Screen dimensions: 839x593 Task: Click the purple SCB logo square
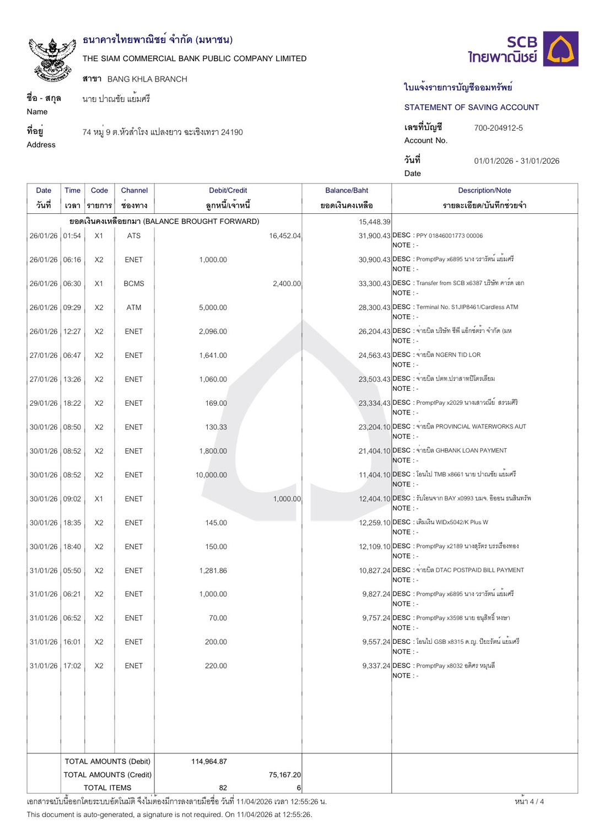[x=560, y=49]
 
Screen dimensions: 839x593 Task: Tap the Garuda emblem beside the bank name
[x=52, y=60]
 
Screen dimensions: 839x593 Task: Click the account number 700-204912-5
[x=498, y=128]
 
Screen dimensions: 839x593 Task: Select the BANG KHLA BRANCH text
[x=147, y=79]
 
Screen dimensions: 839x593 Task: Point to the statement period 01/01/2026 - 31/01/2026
[x=516, y=161]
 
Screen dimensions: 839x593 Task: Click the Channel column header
[x=134, y=190]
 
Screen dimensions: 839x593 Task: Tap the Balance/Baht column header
[x=347, y=190]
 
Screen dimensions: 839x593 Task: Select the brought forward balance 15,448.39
[x=374, y=222]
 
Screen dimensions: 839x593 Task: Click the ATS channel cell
[x=134, y=235]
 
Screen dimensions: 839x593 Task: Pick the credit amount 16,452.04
[x=284, y=236]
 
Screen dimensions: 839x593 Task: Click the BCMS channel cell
[x=134, y=283]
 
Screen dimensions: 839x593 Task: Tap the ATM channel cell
[x=134, y=308]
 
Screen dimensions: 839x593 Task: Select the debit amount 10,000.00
[x=211, y=475]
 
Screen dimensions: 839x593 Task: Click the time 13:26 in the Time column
[x=72, y=379]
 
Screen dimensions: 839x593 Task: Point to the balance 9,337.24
[x=376, y=666]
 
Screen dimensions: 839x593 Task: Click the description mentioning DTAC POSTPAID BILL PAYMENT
[x=470, y=570]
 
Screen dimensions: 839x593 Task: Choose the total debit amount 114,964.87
[x=209, y=761]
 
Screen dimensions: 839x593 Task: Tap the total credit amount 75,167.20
[x=284, y=775]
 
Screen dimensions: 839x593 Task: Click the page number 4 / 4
[x=529, y=801]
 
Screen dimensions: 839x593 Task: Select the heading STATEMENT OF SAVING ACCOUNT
[x=471, y=107]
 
